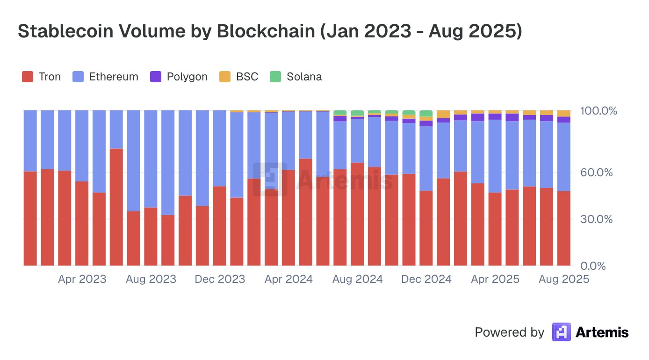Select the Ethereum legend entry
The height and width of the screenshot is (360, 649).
[x=106, y=77]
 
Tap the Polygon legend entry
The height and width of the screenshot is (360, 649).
[x=179, y=77]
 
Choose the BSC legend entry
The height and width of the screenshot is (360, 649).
[x=239, y=77]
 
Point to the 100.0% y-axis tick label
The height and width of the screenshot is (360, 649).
[x=599, y=111]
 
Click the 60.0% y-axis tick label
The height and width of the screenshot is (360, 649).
[x=597, y=173]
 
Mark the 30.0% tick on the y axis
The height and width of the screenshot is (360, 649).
[x=597, y=219]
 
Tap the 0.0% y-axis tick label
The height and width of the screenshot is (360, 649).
[x=599, y=266]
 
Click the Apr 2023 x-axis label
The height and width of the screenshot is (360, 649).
[x=82, y=279]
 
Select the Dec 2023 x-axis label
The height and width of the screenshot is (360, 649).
[x=220, y=279]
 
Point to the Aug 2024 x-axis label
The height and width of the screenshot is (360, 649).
[x=358, y=279]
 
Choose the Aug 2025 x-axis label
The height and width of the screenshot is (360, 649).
[x=564, y=279]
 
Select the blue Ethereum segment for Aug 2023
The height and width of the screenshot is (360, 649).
[x=151, y=159]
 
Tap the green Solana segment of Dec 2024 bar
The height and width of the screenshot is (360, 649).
[x=426, y=113]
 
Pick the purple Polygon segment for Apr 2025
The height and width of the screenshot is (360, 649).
[x=495, y=116]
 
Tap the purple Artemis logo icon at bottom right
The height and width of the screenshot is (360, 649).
[x=561, y=332]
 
